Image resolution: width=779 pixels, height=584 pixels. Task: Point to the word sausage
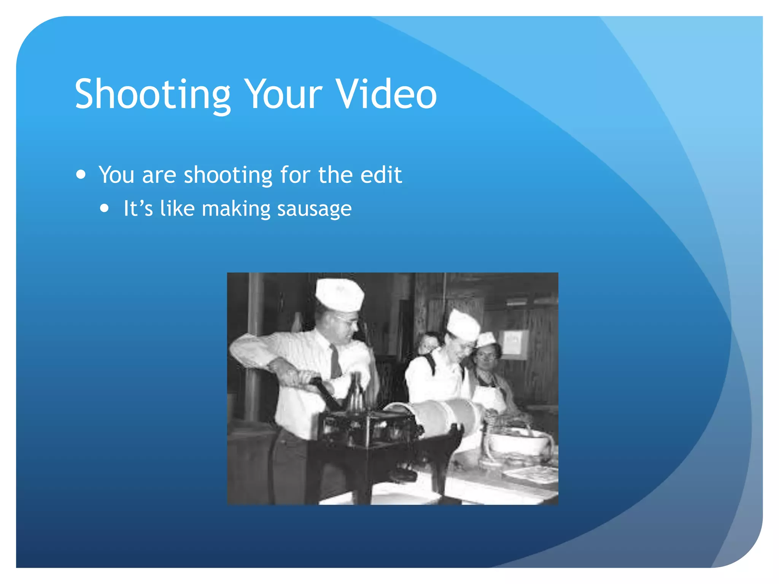(x=314, y=209)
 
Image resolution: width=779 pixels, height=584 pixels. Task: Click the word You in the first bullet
(x=116, y=175)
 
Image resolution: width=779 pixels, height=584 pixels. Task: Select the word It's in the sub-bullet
(x=138, y=209)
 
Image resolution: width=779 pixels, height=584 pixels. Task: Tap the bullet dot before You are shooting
(x=81, y=175)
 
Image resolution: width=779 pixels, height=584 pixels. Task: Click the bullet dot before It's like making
(x=105, y=208)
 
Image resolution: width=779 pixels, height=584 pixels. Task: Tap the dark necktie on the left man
(x=335, y=361)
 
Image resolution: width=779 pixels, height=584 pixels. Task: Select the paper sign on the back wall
(x=513, y=344)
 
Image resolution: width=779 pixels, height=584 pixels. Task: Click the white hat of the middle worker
(x=463, y=325)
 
